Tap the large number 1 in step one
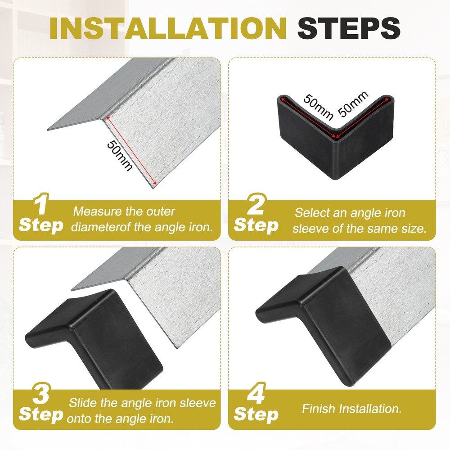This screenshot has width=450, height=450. (41, 206)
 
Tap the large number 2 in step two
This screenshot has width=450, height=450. (256, 206)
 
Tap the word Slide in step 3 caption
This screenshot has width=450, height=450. (82, 403)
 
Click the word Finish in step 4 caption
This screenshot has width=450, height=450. (318, 409)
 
